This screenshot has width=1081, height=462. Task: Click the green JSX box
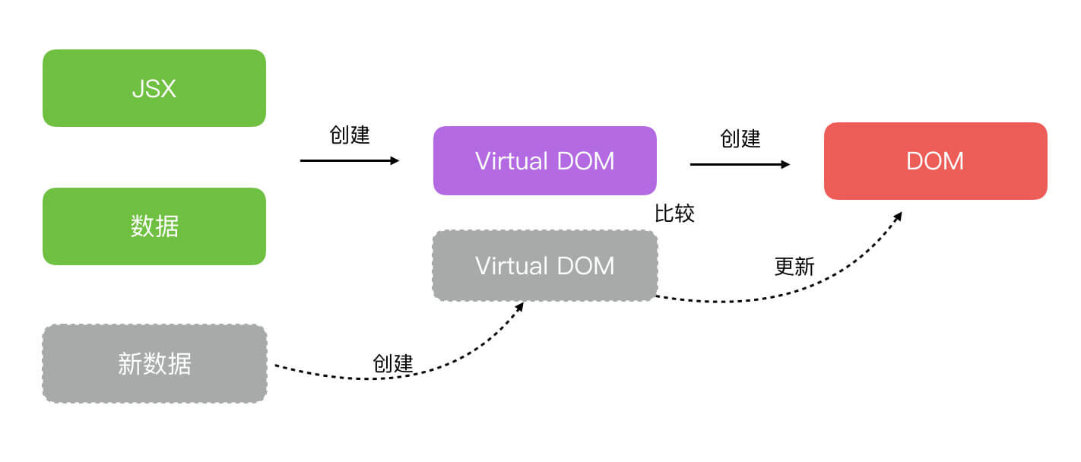click(154, 88)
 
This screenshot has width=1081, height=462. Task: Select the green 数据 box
click(154, 226)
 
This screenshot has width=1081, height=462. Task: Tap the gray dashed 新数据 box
click(154, 364)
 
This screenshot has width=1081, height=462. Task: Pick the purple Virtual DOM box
click(544, 161)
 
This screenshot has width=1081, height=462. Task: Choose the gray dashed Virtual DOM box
click(544, 266)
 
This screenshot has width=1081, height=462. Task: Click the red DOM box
click(935, 161)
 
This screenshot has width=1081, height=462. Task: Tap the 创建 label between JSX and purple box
click(350, 135)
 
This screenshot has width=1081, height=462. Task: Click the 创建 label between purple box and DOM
click(740, 138)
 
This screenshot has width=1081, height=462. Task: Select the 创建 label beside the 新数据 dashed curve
click(393, 363)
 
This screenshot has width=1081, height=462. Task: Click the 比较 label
click(674, 214)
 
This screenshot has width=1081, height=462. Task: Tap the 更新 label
click(794, 267)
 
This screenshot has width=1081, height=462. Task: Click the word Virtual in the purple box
click(511, 161)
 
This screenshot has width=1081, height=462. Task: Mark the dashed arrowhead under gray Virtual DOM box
click(520, 306)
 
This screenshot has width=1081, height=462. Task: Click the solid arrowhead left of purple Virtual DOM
click(395, 160)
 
